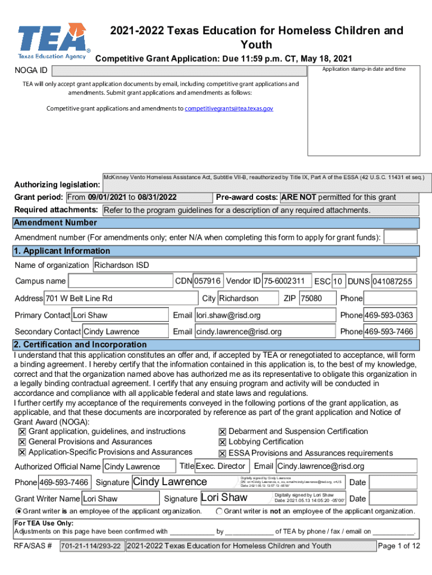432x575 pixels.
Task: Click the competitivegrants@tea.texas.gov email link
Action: [229, 108]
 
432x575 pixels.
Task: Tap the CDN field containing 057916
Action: [208, 281]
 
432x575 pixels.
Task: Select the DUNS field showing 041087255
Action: [394, 281]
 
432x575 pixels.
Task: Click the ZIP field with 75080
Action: [317, 298]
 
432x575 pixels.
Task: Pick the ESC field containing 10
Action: [338, 281]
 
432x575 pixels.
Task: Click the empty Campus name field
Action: [120, 281]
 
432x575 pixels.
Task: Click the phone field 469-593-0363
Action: [390, 315]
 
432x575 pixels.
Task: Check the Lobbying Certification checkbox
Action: [222, 442]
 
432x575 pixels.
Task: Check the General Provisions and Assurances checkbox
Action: [22, 442]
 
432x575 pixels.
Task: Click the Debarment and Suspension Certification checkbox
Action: [222, 432]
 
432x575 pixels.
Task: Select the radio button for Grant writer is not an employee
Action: [219, 511]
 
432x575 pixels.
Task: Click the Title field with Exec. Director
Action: [221, 466]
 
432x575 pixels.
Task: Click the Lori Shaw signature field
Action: [236, 498]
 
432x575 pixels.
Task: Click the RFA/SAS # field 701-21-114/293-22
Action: [90, 546]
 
